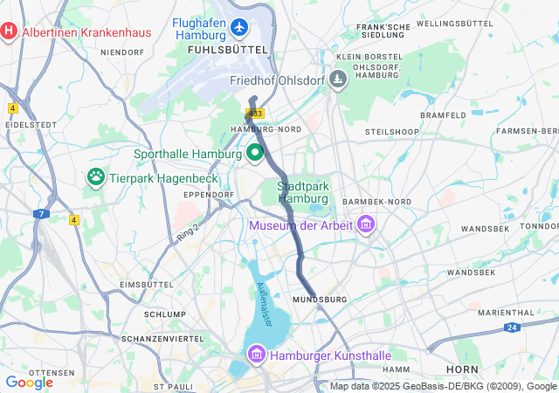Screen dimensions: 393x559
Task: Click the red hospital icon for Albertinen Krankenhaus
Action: click(x=10, y=32)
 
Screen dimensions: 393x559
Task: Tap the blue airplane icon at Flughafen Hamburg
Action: click(x=239, y=28)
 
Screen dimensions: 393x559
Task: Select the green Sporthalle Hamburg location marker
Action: click(x=255, y=154)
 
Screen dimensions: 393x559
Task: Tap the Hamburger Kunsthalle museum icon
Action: click(x=257, y=355)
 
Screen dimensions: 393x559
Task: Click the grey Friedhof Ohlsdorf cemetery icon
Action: click(x=338, y=80)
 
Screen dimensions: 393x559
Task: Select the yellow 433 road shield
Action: click(x=255, y=114)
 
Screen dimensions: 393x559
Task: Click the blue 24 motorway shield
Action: click(x=511, y=327)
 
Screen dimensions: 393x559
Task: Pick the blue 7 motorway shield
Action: click(x=40, y=213)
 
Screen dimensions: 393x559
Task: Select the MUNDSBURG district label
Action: click(x=315, y=300)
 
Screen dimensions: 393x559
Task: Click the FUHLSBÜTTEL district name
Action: click(x=227, y=52)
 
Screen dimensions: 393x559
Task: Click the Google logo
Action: click(x=29, y=382)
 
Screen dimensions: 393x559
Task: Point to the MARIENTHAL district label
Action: click(x=505, y=312)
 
